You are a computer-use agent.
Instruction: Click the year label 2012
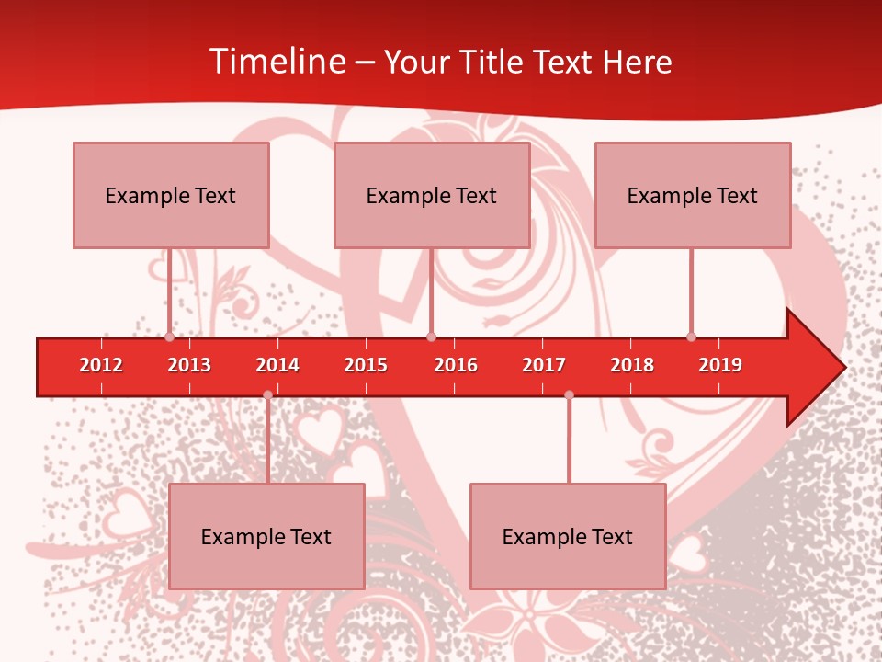click(x=101, y=365)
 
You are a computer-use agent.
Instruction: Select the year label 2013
click(x=189, y=365)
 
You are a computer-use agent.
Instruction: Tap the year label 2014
click(x=277, y=365)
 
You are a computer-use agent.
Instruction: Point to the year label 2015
click(x=366, y=365)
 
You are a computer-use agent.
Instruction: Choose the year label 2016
click(x=456, y=365)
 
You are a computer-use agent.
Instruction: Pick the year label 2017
click(x=544, y=365)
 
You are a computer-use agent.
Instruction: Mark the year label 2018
click(x=632, y=365)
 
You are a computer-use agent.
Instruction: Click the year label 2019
click(x=720, y=365)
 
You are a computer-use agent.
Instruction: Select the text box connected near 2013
click(x=171, y=195)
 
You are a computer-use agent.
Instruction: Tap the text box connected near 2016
click(x=432, y=195)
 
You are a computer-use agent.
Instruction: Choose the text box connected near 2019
click(x=693, y=195)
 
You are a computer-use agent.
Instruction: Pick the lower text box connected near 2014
click(x=266, y=536)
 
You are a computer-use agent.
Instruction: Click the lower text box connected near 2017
click(x=568, y=536)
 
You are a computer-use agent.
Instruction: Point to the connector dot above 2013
click(x=169, y=337)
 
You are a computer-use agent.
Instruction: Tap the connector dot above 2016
click(x=431, y=337)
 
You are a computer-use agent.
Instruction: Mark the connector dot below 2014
click(x=267, y=394)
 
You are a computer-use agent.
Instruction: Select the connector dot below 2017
click(x=569, y=394)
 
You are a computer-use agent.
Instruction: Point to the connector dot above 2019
click(x=691, y=337)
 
